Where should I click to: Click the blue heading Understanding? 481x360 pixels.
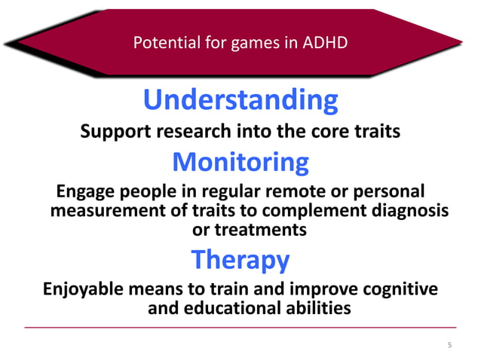tap(240, 100)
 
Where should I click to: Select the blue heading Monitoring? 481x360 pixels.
tap(240, 161)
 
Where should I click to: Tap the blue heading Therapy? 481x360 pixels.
tap(240, 259)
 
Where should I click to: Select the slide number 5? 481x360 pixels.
tap(449, 346)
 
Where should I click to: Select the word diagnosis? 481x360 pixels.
tap(408, 210)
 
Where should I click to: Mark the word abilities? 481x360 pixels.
tap(317, 309)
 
